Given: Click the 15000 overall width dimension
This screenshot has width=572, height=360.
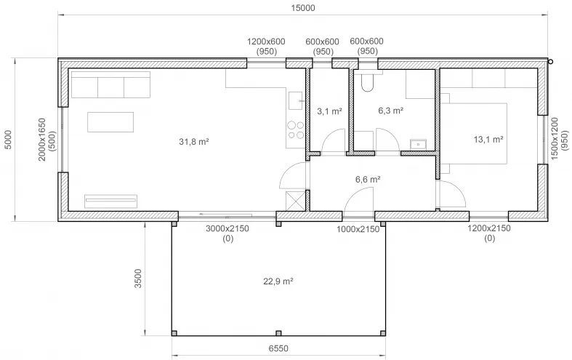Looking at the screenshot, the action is tap(303, 8).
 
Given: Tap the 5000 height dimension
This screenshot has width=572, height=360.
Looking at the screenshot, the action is tap(8, 140).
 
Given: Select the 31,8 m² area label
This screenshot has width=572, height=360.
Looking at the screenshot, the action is tap(194, 142).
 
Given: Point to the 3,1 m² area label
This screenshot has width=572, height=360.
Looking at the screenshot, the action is tap(329, 111).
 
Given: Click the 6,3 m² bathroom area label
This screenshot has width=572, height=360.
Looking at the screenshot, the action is tap(391, 111).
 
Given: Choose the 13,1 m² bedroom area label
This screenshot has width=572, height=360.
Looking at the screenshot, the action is tap(488, 140).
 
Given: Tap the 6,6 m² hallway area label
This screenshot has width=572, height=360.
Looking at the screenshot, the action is tap(368, 179).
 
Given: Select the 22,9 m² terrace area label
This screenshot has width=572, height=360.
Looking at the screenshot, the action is tap(278, 281).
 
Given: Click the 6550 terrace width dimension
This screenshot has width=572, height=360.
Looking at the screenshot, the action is tap(278, 348).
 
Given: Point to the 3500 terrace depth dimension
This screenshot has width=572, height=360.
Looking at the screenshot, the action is tap(138, 279).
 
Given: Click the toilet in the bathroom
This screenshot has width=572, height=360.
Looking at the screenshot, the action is tap(367, 81).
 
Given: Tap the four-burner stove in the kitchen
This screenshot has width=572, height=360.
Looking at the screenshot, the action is tap(296, 130).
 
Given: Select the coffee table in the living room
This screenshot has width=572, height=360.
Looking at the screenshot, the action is tap(110, 122).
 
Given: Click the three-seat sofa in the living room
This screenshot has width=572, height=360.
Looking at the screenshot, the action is tap(111, 84).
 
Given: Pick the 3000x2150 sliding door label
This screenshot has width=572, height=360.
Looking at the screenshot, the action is tap(227, 228).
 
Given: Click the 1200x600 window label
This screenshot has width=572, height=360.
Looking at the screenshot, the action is tap(266, 41).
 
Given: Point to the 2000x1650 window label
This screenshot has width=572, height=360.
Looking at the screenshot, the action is tap(42, 140).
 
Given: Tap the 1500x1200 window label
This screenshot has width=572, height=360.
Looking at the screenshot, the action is tap(555, 139).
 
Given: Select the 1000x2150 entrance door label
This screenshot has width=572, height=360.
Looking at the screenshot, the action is tap(358, 229).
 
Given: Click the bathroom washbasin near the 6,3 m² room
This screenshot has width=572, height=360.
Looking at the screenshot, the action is tap(418, 145).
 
